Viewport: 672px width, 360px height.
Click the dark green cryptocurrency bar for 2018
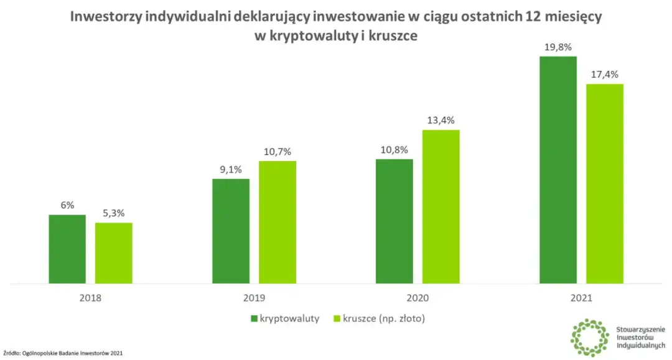[x=67, y=249]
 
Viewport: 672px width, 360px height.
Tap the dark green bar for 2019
[x=231, y=231]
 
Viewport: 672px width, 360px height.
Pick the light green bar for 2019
[x=278, y=223]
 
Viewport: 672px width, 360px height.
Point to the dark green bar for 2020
[x=394, y=221]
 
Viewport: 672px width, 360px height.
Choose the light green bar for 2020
[x=441, y=207]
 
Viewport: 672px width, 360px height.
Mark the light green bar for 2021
[x=605, y=184]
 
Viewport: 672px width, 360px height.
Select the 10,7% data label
[x=278, y=151]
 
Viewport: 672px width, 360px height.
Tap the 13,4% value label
[x=441, y=120]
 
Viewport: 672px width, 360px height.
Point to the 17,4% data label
[x=605, y=75]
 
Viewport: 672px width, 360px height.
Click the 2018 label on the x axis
[x=91, y=298]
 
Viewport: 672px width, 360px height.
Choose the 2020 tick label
[x=418, y=298]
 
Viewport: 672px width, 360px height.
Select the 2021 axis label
[x=582, y=298]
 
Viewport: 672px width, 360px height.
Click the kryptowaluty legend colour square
[x=254, y=319]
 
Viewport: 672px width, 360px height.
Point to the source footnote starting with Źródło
[x=63, y=354]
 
